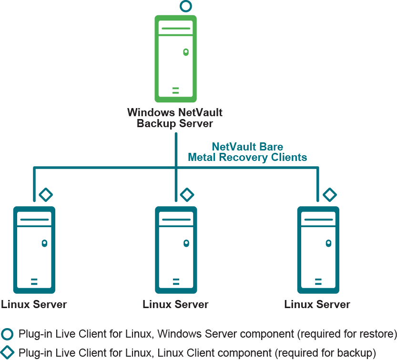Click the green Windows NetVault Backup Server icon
pos(175,58)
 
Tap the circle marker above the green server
pos(186,6)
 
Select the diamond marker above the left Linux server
pos(45,195)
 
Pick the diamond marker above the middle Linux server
pos(187,195)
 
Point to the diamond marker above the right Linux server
pos(329,195)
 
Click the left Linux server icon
pos(34,250)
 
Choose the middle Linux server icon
pos(175,250)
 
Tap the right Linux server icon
pos(318,250)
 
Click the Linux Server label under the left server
pos(34,304)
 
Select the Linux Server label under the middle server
pos(175,304)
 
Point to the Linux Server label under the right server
pos(317,304)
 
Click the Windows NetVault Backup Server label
pos(175,118)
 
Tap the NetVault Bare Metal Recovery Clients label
pos(247,152)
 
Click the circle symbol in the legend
pos(8,334)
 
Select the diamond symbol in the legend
pos(8,352)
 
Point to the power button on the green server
pos(186,52)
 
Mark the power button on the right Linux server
pos(328,243)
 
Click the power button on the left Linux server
pos(44,243)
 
